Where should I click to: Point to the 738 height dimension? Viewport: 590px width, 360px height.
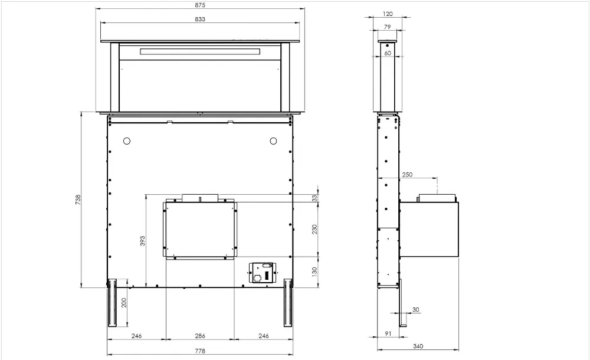pyautogui.click(x=78, y=200)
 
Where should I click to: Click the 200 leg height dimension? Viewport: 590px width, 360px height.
pyautogui.click(x=124, y=303)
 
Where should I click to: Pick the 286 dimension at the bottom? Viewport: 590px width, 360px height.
pyautogui.click(x=200, y=336)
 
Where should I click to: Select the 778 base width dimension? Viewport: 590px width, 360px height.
pyautogui.click(x=199, y=351)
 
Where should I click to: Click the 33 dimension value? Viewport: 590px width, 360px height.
pyautogui.click(x=314, y=197)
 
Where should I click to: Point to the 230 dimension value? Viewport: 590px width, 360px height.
pyautogui.click(x=314, y=229)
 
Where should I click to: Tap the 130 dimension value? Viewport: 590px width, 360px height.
pyautogui.click(x=314, y=271)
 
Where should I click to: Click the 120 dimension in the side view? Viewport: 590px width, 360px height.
pyautogui.click(x=388, y=13)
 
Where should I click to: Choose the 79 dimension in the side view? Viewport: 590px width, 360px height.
pyautogui.click(x=387, y=27)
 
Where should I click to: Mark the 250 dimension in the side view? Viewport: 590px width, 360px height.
pyautogui.click(x=407, y=175)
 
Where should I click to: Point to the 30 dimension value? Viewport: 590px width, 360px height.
pyautogui.click(x=416, y=310)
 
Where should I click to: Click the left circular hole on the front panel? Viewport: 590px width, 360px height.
pyautogui.click(x=126, y=141)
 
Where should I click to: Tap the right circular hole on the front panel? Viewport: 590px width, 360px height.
pyautogui.click(x=273, y=141)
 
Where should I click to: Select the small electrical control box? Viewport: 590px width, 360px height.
pyautogui.click(x=262, y=273)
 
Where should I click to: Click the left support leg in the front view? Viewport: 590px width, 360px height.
pyautogui.click(x=112, y=303)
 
